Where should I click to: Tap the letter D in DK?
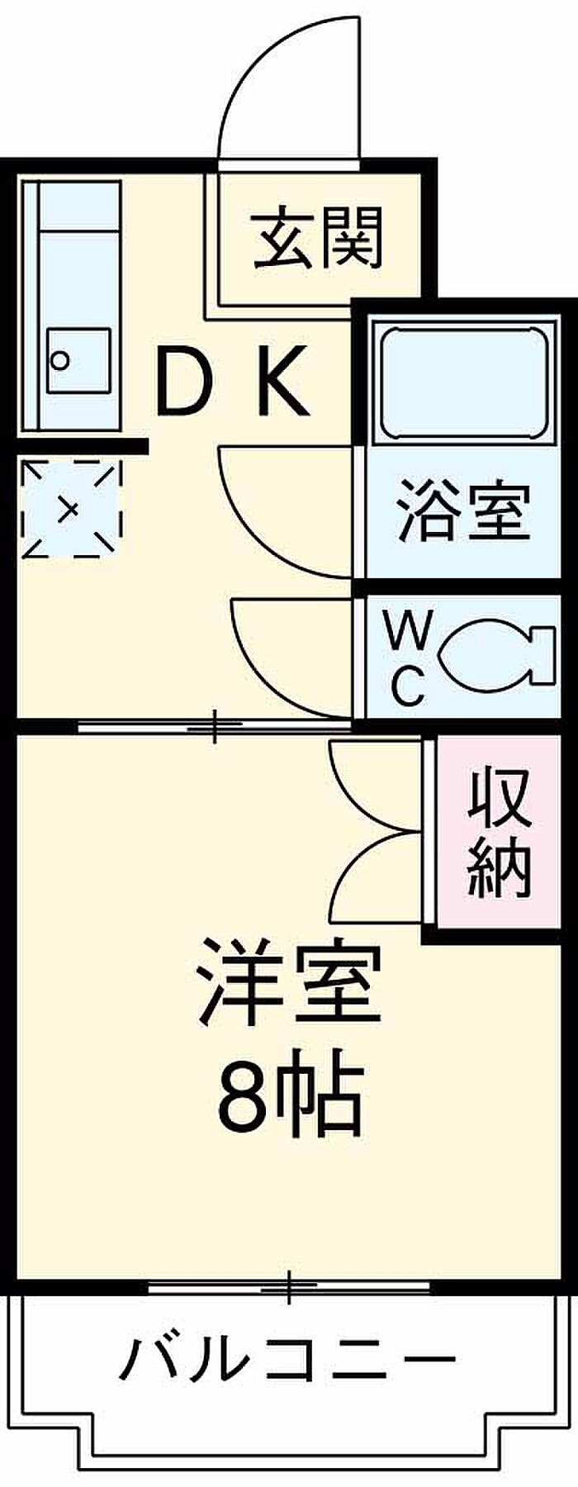tap(186, 382)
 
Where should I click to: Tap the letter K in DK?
tap(281, 382)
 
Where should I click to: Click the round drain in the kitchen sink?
tap(59, 359)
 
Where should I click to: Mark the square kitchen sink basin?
tap(78, 361)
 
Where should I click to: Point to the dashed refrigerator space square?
tap(70, 508)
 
